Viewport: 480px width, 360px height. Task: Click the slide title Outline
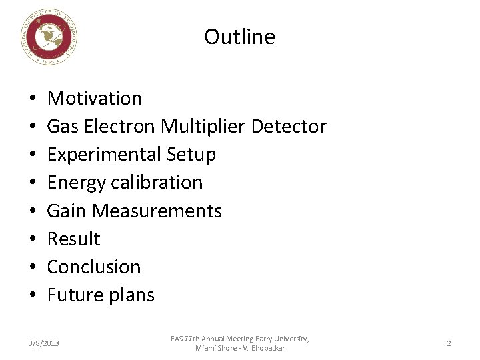[x=239, y=37]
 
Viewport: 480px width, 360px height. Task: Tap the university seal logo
[x=49, y=38]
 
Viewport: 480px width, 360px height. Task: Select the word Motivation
[x=95, y=99]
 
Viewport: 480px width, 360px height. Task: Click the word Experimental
[x=104, y=155]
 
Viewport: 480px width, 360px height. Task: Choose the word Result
[x=73, y=239]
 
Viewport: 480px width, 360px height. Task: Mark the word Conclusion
[x=94, y=267]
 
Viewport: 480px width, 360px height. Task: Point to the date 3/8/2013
[x=43, y=343]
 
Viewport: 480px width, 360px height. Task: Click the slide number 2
[x=449, y=343]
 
